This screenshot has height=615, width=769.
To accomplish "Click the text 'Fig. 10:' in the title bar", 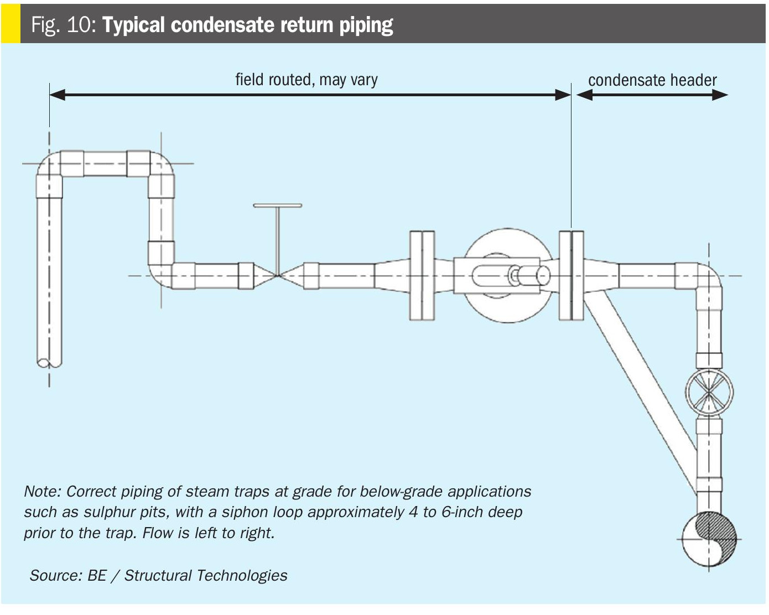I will point(64,25).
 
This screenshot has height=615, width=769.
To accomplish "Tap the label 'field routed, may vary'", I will point(306,80).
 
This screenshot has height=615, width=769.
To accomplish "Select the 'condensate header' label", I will point(652,80).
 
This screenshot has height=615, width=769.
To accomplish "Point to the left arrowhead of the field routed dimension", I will point(58,95).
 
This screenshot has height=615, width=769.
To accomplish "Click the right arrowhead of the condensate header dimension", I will point(720,95).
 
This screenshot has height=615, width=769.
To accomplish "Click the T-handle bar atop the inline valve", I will point(278,206).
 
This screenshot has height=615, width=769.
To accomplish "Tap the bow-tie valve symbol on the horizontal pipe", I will point(278,275).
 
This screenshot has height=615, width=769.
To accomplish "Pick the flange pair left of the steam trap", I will point(422,275).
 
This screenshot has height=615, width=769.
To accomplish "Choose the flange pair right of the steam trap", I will point(571,275).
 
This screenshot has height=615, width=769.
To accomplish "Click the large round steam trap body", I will point(507,275).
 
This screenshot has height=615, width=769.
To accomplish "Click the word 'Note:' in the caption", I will point(43,492).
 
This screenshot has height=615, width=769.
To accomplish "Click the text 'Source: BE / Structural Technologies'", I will point(158,575).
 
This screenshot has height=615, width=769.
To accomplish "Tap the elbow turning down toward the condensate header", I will point(709,279).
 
